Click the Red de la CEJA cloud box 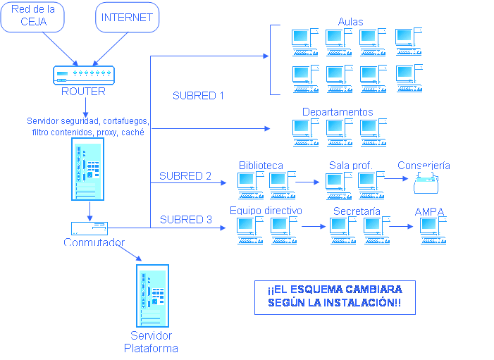[34, 17]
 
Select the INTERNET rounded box [127, 17]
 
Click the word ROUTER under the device [83, 92]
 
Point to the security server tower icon [87, 169]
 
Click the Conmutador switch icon [89, 228]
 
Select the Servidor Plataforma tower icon [151, 295]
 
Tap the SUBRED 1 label [198, 96]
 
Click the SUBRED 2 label [185, 176]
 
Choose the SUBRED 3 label [186, 220]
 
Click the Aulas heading [350, 22]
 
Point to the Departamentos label [338, 112]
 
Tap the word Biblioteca [261, 166]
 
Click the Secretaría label [357, 211]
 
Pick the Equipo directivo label [266, 211]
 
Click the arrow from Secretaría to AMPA [400, 227]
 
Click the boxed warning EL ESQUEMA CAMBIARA [334, 297]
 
